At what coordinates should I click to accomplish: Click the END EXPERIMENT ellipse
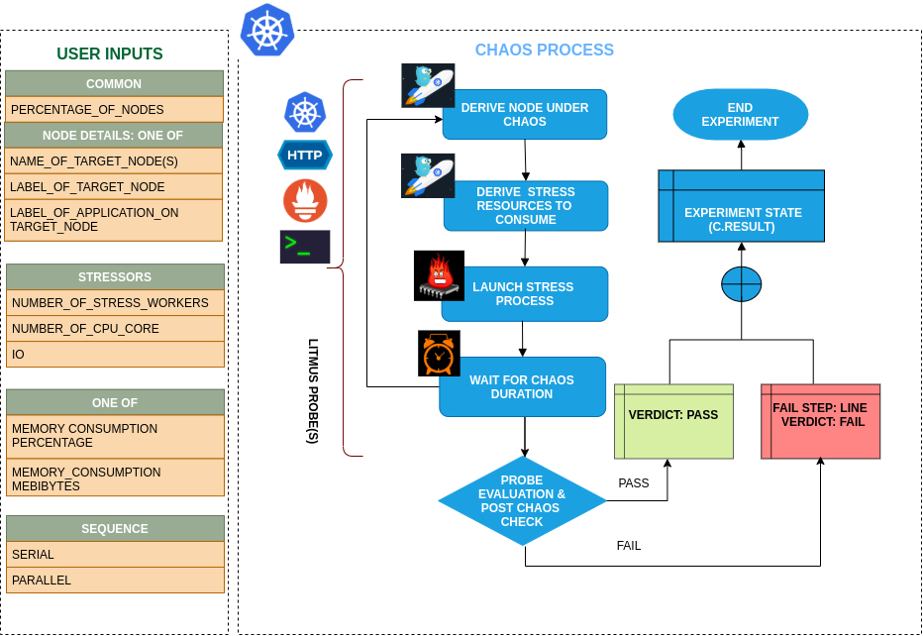pyautogui.click(x=740, y=115)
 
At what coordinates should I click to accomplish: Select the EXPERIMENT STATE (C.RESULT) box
pyautogui.click(x=741, y=206)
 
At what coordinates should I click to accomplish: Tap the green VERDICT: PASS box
pyautogui.click(x=673, y=421)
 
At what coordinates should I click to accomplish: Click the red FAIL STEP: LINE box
pyautogui.click(x=820, y=421)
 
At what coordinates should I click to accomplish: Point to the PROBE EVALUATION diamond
pyautogui.click(x=522, y=501)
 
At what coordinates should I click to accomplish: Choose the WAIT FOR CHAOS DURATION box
pyautogui.click(x=522, y=386)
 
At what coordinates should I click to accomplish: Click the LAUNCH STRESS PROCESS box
pyautogui.click(x=524, y=294)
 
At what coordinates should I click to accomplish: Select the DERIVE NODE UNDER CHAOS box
pyautogui.click(x=525, y=115)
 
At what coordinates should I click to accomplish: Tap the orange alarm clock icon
pyautogui.click(x=439, y=354)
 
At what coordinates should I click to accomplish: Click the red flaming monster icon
pyautogui.click(x=439, y=275)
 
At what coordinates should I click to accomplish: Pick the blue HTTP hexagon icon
pyautogui.click(x=305, y=155)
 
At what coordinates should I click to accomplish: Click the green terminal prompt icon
pyautogui.click(x=305, y=247)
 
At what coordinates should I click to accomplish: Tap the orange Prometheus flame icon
pyautogui.click(x=305, y=200)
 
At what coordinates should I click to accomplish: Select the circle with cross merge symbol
pyautogui.click(x=741, y=285)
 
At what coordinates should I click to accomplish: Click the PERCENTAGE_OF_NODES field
pyautogui.click(x=114, y=109)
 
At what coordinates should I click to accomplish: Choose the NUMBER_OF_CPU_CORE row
pyautogui.click(x=115, y=328)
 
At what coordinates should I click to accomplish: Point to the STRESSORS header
pyautogui.click(x=115, y=276)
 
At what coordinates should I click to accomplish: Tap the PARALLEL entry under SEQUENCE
pyautogui.click(x=115, y=580)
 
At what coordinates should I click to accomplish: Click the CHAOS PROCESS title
pyautogui.click(x=544, y=51)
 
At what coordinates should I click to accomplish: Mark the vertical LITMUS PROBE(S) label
pyautogui.click(x=313, y=390)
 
